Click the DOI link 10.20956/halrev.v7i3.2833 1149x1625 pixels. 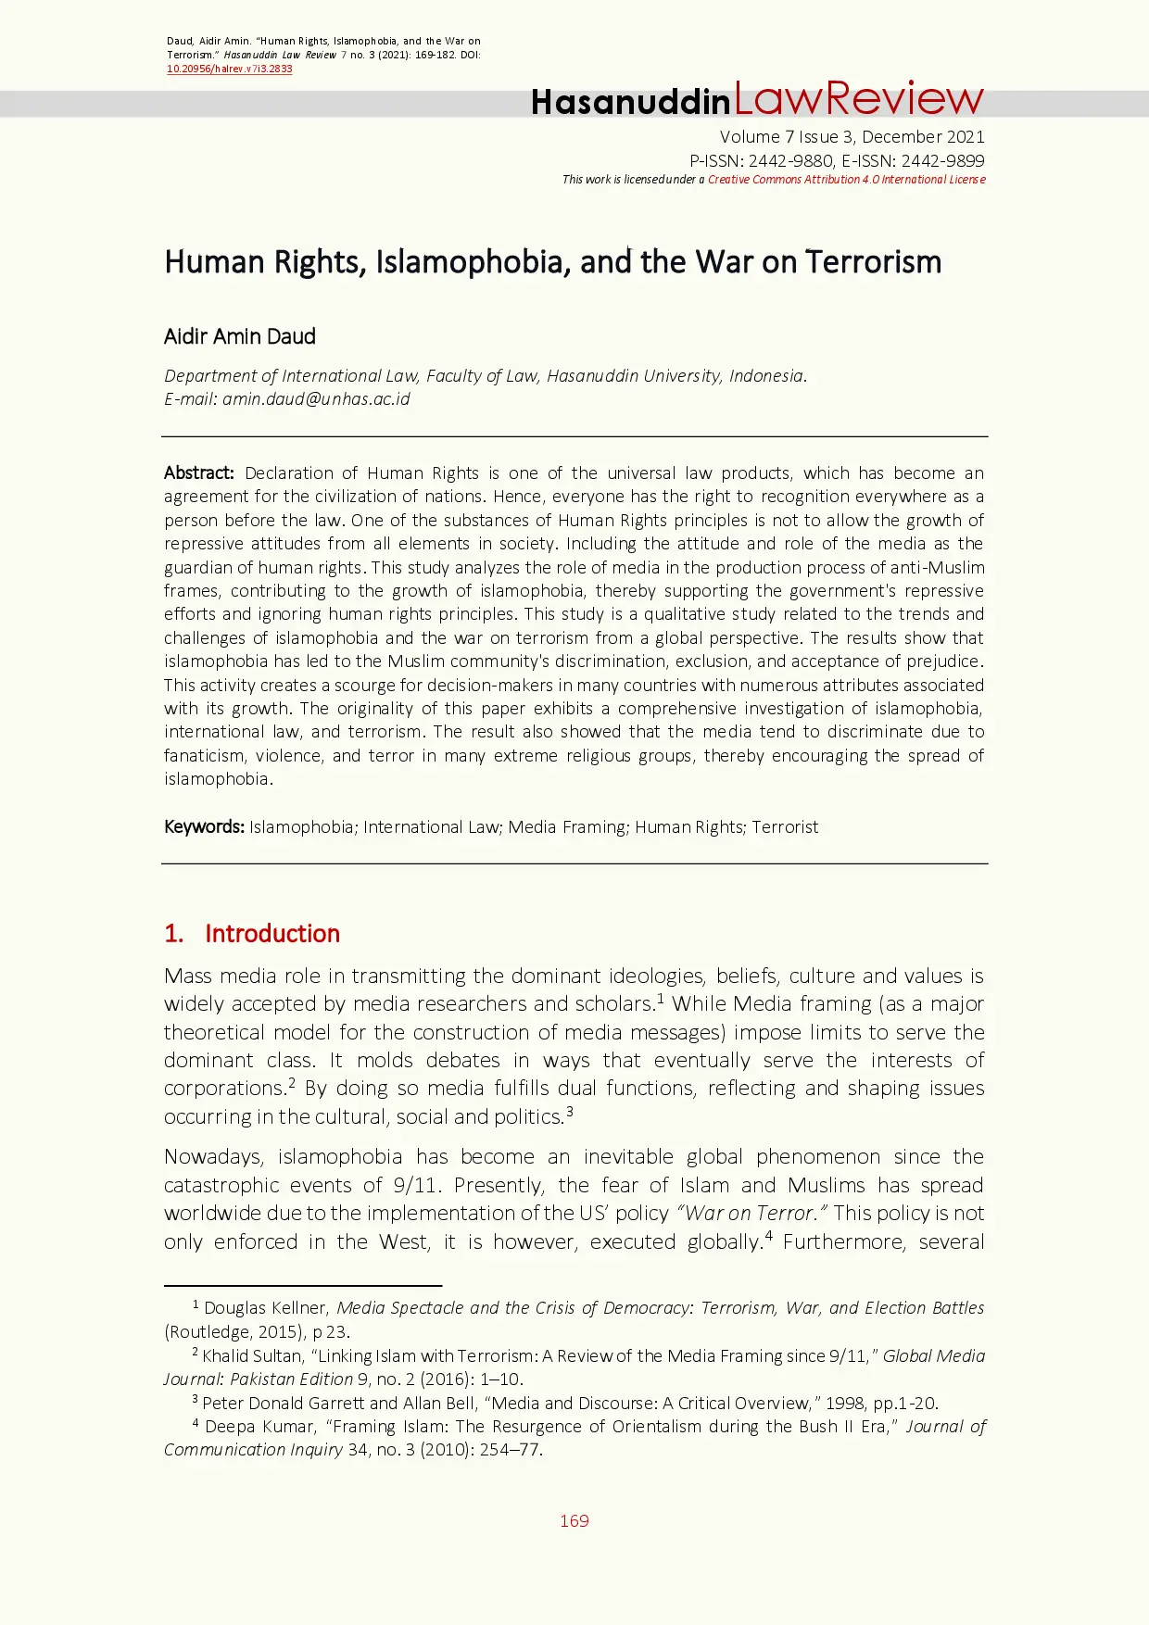tap(229, 69)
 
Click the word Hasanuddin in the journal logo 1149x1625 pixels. tap(630, 102)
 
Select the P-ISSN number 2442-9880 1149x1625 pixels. tap(790, 160)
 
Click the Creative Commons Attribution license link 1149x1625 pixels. tap(846, 180)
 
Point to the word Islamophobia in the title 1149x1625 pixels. tap(472, 262)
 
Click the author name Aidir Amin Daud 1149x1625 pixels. tap(240, 336)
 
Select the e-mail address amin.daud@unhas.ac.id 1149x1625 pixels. tap(316, 399)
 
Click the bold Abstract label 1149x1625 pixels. tap(198, 472)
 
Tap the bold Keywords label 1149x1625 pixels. tap(204, 826)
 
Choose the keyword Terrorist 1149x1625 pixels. tap(785, 826)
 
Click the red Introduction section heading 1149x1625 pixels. tap(271, 933)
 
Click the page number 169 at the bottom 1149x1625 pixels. tap(574, 1521)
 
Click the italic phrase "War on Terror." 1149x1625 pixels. tap(752, 1214)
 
